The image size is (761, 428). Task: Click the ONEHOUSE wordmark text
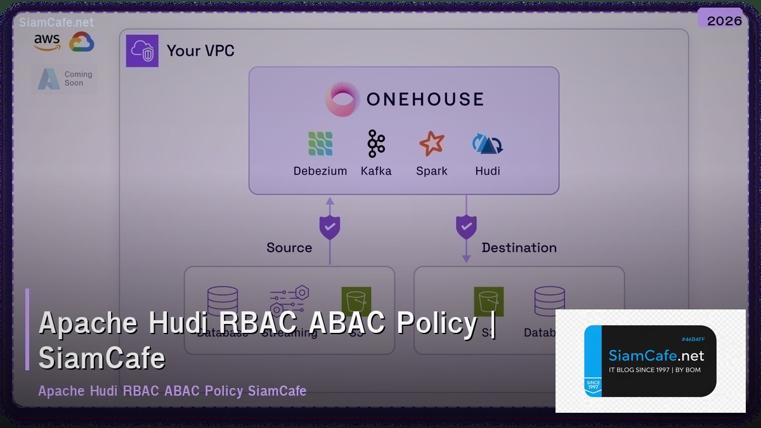click(x=425, y=100)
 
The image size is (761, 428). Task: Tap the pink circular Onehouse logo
click(x=342, y=99)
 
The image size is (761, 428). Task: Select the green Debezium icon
click(x=320, y=144)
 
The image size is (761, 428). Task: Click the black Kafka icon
click(x=376, y=144)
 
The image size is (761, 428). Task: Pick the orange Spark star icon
click(x=432, y=144)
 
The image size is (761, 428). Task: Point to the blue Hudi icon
click(x=487, y=144)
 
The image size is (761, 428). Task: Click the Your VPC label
click(x=200, y=51)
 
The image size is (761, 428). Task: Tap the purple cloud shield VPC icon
click(x=142, y=51)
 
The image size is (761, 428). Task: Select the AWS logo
click(x=47, y=42)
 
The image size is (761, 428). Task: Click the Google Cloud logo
click(x=82, y=42)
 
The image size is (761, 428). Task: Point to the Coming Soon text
click(x=78, y=79)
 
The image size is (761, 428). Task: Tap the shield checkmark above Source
click(x=330, y=227)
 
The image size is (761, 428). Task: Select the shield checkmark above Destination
click(x=466, y=227)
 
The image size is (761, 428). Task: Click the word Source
click(x=289, y=248)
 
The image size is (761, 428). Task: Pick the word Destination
click(x=519, y=248)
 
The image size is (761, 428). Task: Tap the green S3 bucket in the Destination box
click(x=488, y=301)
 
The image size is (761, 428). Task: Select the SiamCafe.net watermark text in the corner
click(x=56, y=22)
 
